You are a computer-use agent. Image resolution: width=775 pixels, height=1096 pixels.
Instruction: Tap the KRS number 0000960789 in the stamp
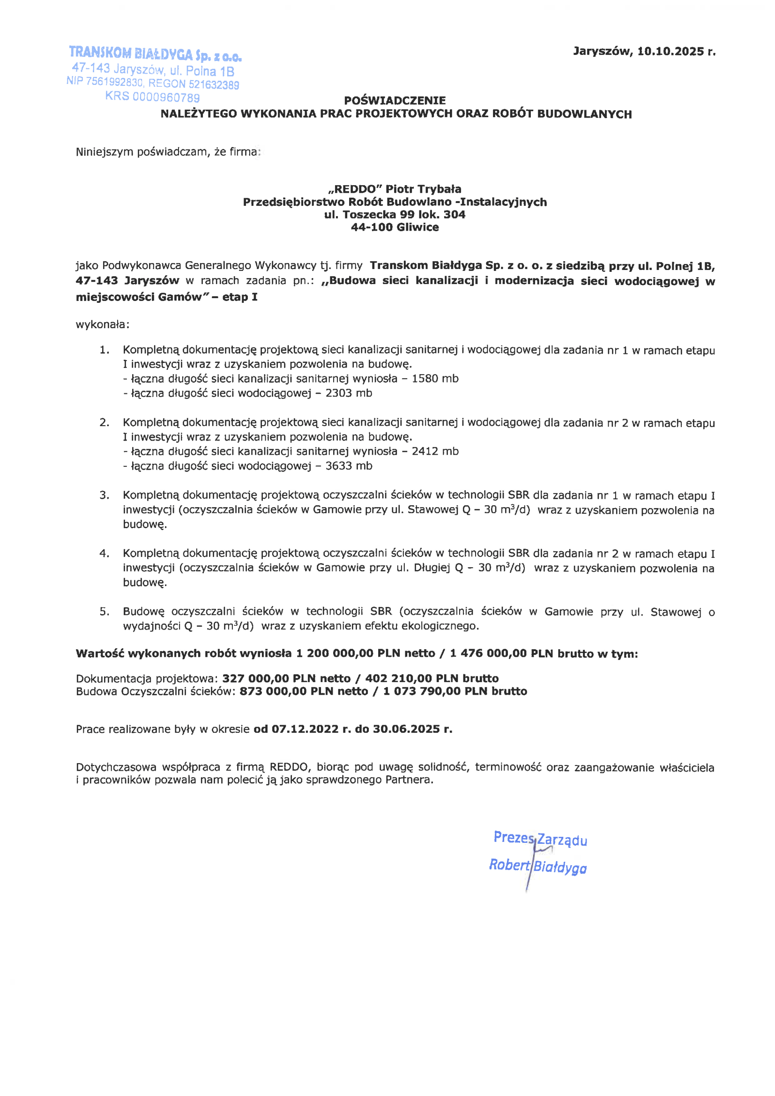pos(166,98)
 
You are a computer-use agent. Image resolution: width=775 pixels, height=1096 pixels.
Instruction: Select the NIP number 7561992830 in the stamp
pos(114,82)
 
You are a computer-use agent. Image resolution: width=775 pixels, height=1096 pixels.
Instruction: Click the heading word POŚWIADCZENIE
pos(395,100)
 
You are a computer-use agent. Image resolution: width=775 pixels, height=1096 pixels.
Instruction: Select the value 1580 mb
pos(435,379)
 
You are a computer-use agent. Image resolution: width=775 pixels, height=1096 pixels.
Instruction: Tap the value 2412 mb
pos(435,451)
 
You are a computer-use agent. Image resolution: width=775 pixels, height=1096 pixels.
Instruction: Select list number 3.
pos(104,495)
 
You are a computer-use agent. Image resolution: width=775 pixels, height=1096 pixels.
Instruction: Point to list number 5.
pos(104,611)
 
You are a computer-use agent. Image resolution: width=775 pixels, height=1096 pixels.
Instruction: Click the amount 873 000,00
pos(273,691)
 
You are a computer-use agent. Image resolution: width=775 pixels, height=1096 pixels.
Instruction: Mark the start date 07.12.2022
pos(305,729)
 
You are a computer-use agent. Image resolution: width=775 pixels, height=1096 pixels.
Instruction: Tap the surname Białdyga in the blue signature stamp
pos(560,866)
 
